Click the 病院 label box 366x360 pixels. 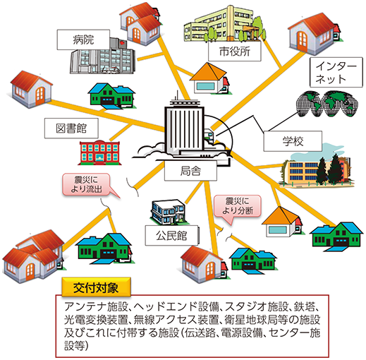click(83, 40)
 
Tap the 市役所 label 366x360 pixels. click(234, 52)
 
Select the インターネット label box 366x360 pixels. click(336, 72)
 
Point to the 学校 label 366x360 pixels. click(293, 141)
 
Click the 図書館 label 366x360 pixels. click(71, 128)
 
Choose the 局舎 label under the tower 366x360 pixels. click(190, 171)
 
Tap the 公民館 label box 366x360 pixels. click(171, 236)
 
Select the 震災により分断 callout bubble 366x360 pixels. click(237, 206)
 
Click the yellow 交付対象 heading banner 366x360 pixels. click(96, 287)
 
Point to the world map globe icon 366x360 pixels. click(327, 104)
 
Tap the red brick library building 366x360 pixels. click(99, 152)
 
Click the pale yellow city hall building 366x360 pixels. click(224, 24)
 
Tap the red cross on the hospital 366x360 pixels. click(122, 43)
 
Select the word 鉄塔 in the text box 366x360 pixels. click(305, 306)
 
